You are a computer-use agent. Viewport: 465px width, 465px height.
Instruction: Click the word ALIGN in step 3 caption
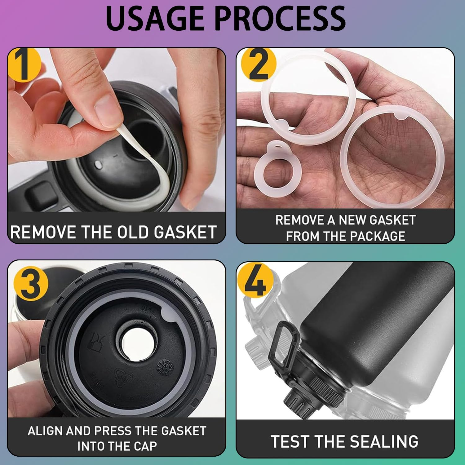[x=45, y=431]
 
